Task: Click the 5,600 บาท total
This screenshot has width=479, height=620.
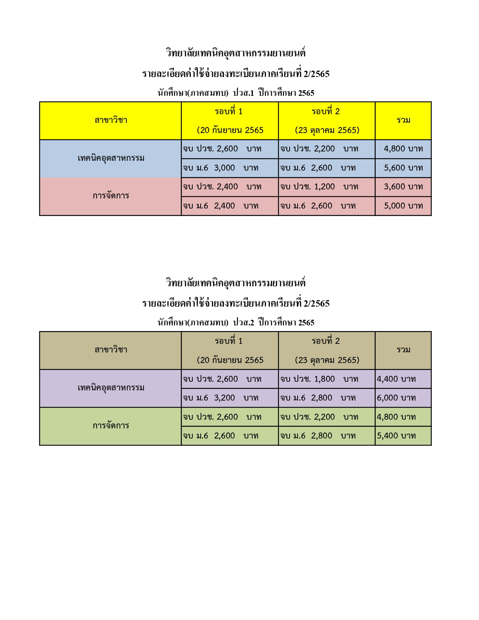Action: (x=403, y=168)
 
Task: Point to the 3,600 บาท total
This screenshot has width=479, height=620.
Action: (x=403, y=187)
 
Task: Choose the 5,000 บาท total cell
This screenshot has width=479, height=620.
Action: (x=403, y=206)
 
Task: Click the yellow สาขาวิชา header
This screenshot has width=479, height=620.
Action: (x=111, y=120)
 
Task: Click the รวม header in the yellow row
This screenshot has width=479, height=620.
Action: (x=403, y=120)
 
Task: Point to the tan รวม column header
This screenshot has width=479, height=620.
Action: (x=403, y=350)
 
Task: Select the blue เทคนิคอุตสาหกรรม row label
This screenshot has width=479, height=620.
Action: (x=111, y=158)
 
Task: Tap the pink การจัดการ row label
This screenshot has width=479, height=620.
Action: (x=111, y=196)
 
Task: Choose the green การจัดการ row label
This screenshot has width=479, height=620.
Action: (x=111, y=426)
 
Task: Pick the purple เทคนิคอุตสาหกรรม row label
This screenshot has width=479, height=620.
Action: (x=111, y=388)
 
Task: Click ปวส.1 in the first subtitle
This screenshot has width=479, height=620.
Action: (x=243, y=93)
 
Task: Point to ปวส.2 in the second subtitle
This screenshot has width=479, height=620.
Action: (x=243, y=322)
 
